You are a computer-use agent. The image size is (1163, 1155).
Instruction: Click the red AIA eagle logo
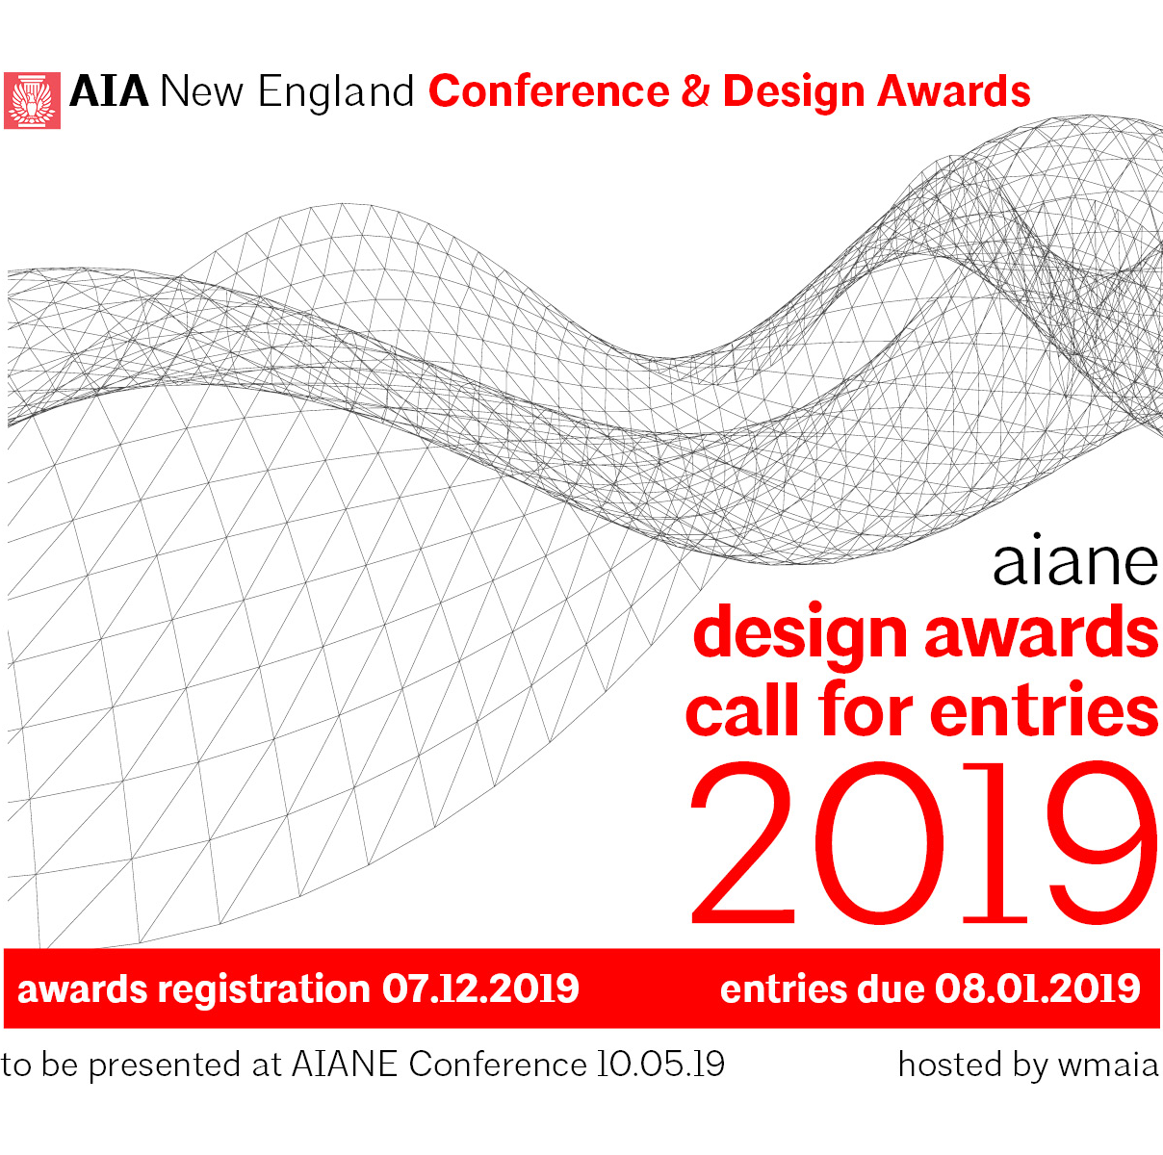[32, 100]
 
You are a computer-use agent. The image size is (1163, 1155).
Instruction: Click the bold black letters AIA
[109, 91]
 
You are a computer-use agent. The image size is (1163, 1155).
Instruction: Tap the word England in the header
[336, 94]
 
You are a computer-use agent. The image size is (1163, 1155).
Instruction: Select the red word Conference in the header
[549, 91]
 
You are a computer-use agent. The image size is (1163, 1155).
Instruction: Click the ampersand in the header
[695, 91]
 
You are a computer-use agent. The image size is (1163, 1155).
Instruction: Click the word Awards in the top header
[954, 91]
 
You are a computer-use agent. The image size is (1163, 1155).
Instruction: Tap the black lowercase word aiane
[1075, 559]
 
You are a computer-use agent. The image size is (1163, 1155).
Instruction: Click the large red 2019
[924, 843]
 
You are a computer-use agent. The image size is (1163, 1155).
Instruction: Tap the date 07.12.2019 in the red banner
[480, 989]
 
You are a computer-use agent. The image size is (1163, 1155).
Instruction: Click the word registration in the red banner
[264, 990]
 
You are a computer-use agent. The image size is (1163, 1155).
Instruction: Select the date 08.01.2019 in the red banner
[1038, 989]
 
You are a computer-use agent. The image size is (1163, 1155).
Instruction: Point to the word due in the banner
[892, 989]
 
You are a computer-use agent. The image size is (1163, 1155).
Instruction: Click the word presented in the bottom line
[166, 1066]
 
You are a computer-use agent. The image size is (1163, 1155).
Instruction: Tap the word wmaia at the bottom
[1109, 1065]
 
